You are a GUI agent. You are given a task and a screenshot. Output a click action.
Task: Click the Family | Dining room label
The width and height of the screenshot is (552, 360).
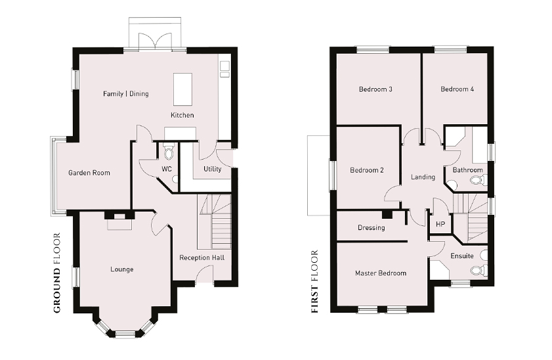pyautogui.click(x=125, y=94)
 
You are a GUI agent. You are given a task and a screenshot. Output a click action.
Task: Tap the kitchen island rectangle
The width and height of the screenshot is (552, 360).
pyautogui.click(x=182, y=89)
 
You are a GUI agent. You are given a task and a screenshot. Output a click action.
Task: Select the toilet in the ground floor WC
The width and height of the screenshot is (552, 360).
pyautogui.click(x=169, y=152)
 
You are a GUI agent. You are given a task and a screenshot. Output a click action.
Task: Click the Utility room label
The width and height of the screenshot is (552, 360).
pyautogui.click(x=212, y=169)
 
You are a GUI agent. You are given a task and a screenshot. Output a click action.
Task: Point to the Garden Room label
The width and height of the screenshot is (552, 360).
pyautogui.click(x=89, y=173)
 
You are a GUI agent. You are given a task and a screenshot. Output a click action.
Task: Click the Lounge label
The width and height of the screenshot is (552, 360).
pyautogui.click(x=122, y=269)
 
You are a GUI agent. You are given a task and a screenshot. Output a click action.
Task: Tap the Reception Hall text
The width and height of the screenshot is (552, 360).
pyautogui.click(x=202, y=258)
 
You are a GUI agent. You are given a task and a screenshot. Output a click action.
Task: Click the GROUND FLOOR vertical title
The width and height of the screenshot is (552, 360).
pyautogui.click(x=57, y=273)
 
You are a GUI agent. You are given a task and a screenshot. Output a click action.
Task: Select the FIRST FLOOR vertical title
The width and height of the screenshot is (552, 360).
pyautogui.click(x=314, y=281)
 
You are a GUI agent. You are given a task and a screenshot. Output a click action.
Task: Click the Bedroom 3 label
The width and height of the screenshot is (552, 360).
pyautogui.click(x=375, y=89)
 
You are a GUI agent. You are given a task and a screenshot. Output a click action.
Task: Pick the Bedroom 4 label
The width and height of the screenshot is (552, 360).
pyautogui.click(x=457, y=89)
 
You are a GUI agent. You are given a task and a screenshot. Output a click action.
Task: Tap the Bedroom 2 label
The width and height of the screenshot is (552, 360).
pyautogui.click(x=367, y=171)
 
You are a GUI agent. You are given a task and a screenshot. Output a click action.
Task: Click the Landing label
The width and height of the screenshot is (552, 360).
pyautogui.click(x=423, y=177)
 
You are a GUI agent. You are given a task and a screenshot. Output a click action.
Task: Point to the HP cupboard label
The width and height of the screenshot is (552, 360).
pyautogui.click(x=440, y=224)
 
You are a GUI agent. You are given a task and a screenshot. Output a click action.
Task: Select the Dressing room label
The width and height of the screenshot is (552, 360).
pyautogui.click(x=371, y=227)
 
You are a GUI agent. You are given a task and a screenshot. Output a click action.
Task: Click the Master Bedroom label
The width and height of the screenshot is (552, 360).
pyautogui.click(x=381, y=273)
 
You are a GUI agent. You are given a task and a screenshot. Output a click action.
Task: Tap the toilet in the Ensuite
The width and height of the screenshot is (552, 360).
pyautogui.click(x=478, y=270)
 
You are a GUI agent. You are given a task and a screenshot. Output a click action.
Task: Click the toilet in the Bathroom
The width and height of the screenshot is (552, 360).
pyautogui.click(x=478, y=181)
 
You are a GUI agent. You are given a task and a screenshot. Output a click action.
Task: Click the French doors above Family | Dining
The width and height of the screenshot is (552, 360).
pyautogui.click(x=156, y=42)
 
